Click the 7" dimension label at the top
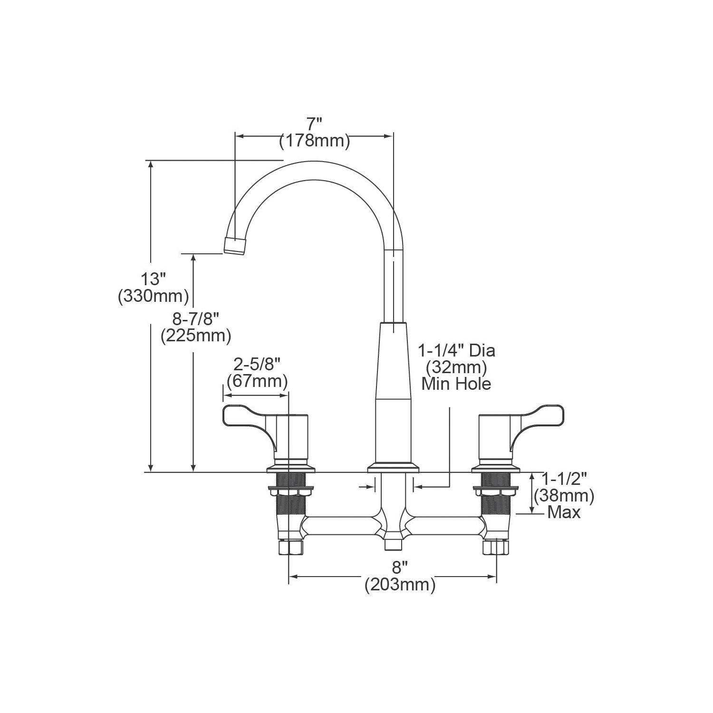point(314,125)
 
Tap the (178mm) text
point(315,141)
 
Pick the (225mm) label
point(196,336)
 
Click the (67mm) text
point(257,381)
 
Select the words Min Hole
point(456,384)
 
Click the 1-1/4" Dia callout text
point(456,351)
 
